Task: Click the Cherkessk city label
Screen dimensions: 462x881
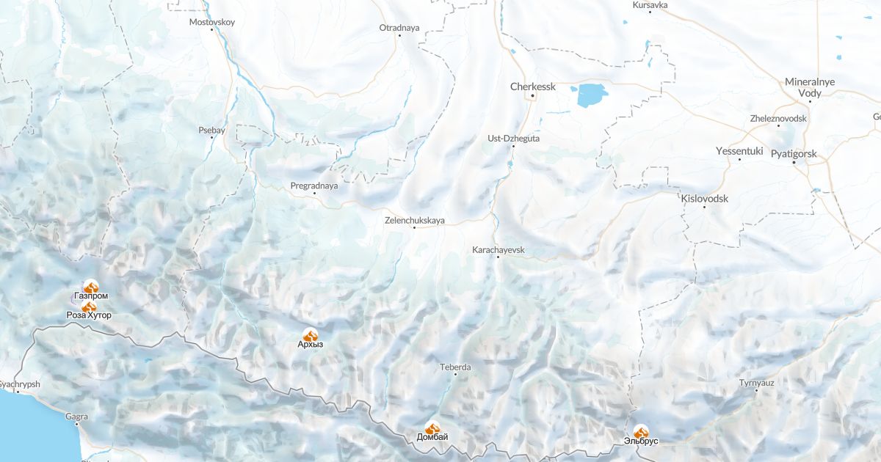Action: tap(533, 87)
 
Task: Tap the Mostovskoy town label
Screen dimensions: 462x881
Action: tap(212, 22)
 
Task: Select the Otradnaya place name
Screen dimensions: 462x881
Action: tap(399, 28)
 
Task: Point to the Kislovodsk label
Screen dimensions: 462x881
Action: tap(704, 199)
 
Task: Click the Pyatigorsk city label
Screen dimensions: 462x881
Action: tap(794, 154)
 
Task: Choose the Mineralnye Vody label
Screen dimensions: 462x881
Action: tap(810, 87)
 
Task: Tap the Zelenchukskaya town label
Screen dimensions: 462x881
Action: tap(415, 220)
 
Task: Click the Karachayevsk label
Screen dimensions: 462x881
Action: tap(498, 250)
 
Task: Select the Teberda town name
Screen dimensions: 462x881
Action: tap(455, 367)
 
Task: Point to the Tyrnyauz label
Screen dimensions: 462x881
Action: tap(757, 382)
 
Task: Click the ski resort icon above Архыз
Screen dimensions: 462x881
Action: tap(311, 334)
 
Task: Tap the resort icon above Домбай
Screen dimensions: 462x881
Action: tap(432, 428)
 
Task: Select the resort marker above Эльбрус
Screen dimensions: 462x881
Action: tap(641, 432)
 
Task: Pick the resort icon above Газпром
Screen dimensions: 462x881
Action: tap(90, 287)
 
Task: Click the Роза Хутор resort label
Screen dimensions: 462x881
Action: tap(89, 315)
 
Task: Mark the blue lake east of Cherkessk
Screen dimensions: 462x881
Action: tap(591, 95)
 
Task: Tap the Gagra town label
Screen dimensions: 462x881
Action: tap(76, 417)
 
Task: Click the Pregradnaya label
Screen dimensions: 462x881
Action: tap(314, 186)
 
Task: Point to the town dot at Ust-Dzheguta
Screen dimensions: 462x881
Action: tap(513, 146)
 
